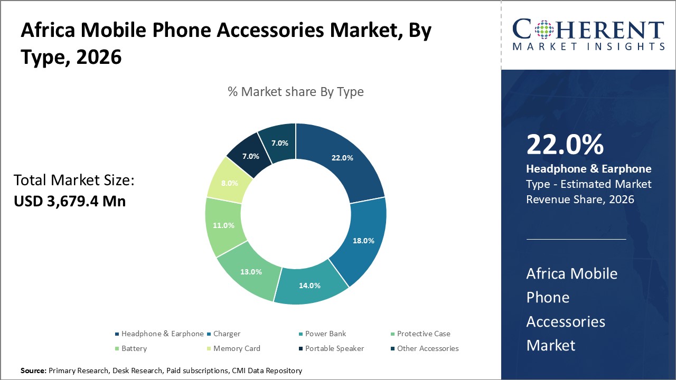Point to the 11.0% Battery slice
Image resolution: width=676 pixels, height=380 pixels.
coord(223,225)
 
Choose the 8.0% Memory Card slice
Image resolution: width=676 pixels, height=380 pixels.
coord(229,183)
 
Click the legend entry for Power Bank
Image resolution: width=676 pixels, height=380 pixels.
coord(325,334)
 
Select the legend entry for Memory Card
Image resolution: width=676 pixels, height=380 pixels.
coord(237,348)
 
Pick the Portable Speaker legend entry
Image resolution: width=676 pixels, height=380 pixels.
coord(334,348)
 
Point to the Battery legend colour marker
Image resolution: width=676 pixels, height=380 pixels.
coord(117,349)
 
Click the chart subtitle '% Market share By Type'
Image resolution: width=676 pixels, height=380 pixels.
coord(296,91)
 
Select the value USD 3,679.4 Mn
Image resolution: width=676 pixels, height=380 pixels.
coord(70,201)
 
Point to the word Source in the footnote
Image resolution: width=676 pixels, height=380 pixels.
coord(33,370)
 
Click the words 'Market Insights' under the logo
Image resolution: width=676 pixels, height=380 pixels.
coord(588,46)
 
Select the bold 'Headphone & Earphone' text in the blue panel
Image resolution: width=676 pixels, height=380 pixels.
coord(588,169)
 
